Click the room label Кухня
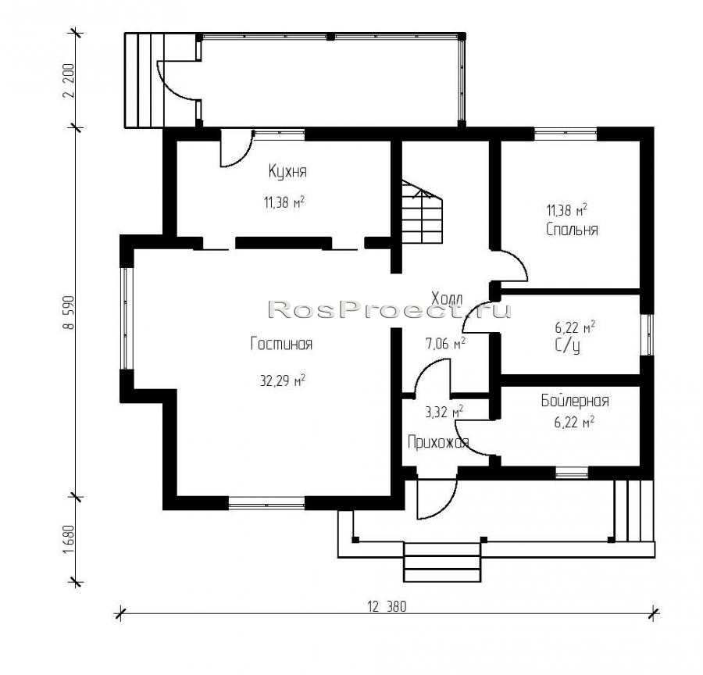pyautogui.click(x=287, y=171)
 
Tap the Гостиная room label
pyautogui.click(x=281, y=344)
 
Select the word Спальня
pyautogui.click(x=572, y=230)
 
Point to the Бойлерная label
pyautogui.click(x=575, y=401)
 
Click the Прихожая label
pyautogui.click(x=438, y=442)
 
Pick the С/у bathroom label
pyautogui.click(x=567, y=346)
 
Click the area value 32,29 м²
pyautogui.click(x=283, y=380)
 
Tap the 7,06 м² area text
pyautogui.click(x=444, y=344)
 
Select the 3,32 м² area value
pyautogui.click(x=444, y=411)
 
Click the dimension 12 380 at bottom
pyautogui.click(x=387, y=607)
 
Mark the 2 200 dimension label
pyautogui.click(x=68, y=80)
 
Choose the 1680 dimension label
pyautogui.click(x=68, y=540)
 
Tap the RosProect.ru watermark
pyautogui.click(x=390, y=309)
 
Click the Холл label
pyautogui.click(x=447, y=298)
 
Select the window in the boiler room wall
pyautogui.click(x=572, y=473)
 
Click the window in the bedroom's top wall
pyautogui.click(x=566, y=134)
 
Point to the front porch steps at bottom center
pyautogui.click(x=442, y=562)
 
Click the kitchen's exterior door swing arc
pyautogui.click(x=241, y=155)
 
